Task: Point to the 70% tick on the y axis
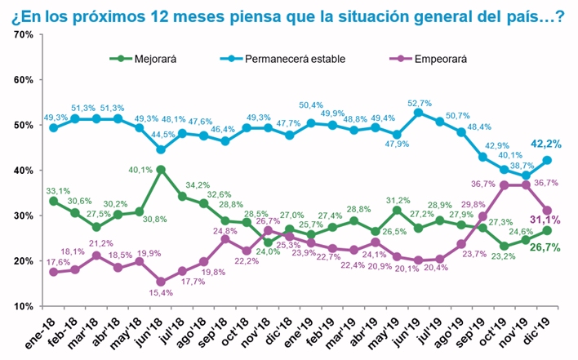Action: point(22,34)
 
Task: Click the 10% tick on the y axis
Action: point(22,306)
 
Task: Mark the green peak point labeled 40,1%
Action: point(161,170)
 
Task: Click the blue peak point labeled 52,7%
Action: point(417,113)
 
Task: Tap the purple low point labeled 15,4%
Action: point(161,282)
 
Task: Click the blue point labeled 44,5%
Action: point(161,149)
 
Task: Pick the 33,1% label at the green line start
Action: point(56,188)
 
